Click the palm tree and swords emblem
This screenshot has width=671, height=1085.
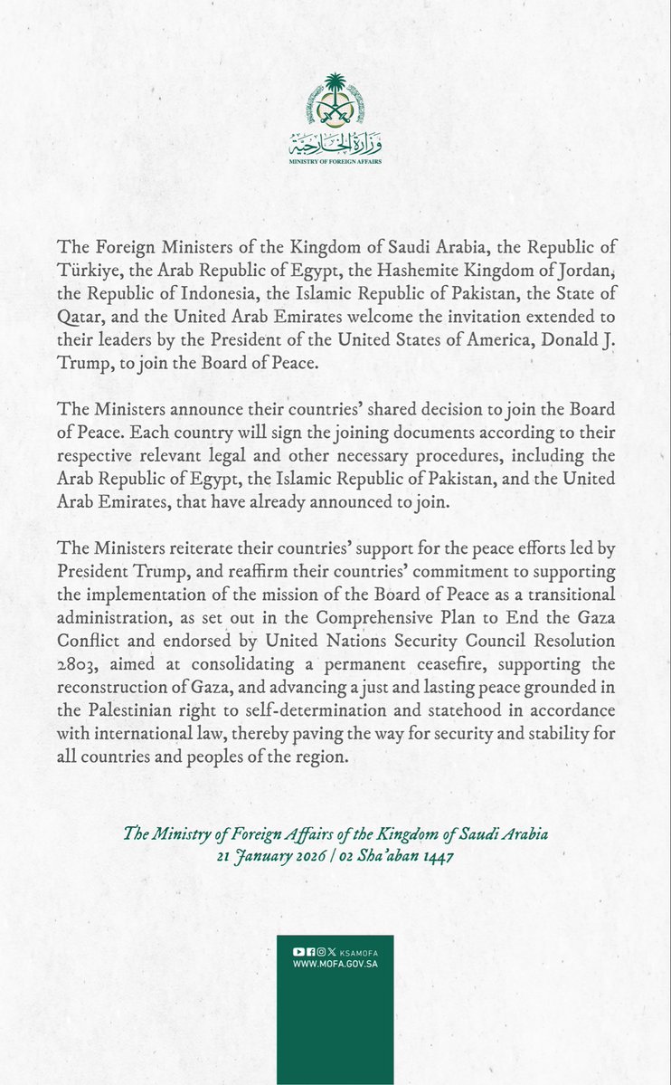pyautogui.click(x=335, y=108)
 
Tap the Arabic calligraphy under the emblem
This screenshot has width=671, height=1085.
pyautogui.click(x=335, y=146)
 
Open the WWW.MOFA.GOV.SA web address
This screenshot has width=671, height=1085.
pyautogui.click(x=335, y=964)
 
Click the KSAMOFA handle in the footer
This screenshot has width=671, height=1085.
pyautogui.click(x=357, y=952)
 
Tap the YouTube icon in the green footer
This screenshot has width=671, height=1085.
pyautogui.click(x=298, y=952)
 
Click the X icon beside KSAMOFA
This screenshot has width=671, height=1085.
pyautogui.click(x=332, y=952)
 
